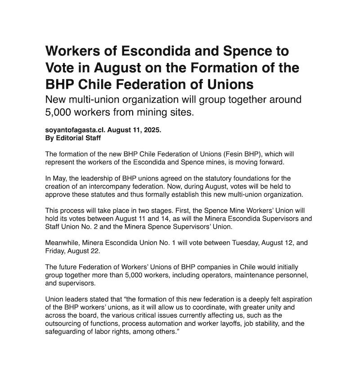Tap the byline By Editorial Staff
(73, 138)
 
